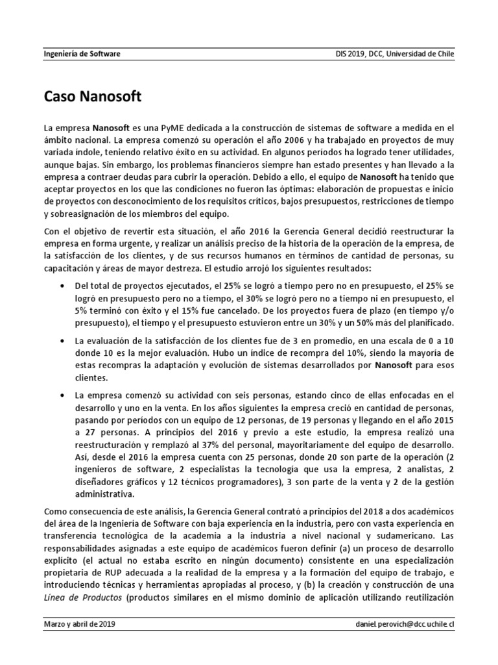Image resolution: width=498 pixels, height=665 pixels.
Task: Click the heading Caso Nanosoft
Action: click(x=93, y=98)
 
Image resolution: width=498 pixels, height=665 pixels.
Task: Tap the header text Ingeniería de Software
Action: click(x=82, y=55)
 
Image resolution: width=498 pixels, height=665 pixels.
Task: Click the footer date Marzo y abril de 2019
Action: click(x=80, y=624)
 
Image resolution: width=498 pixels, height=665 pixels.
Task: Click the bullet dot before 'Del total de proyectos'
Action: click(x=62, y=286)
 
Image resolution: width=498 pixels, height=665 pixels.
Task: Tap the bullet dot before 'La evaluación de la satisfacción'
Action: click(x=62, y=341)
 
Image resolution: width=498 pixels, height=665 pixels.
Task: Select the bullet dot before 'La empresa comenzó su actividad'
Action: click(x=62, y=395)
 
